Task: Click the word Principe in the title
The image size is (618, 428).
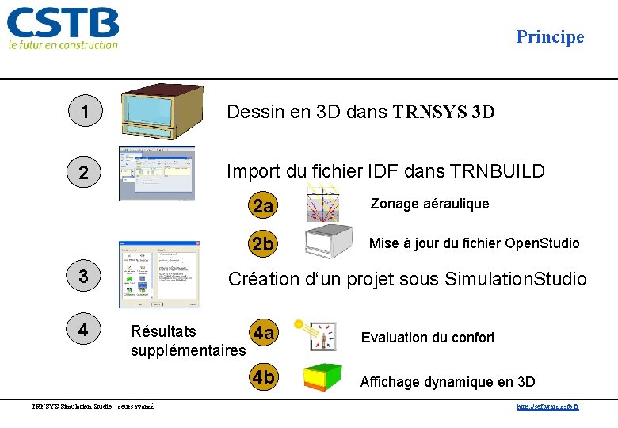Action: (550, 36)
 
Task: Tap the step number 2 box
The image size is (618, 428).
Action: (84, 172)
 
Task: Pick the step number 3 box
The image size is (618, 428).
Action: (84, 276)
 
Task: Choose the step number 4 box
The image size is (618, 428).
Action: (84, 327)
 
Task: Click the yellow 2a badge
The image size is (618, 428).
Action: (263, 206)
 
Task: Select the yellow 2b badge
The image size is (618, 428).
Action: (263, 244)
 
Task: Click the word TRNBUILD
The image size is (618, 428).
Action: (498, 170)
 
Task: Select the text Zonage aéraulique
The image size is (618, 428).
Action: (429, 204)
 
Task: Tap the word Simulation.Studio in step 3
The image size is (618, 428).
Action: (516, 279)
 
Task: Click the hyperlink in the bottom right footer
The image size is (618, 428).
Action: (547, 407)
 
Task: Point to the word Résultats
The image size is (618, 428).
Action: (164, 331)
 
